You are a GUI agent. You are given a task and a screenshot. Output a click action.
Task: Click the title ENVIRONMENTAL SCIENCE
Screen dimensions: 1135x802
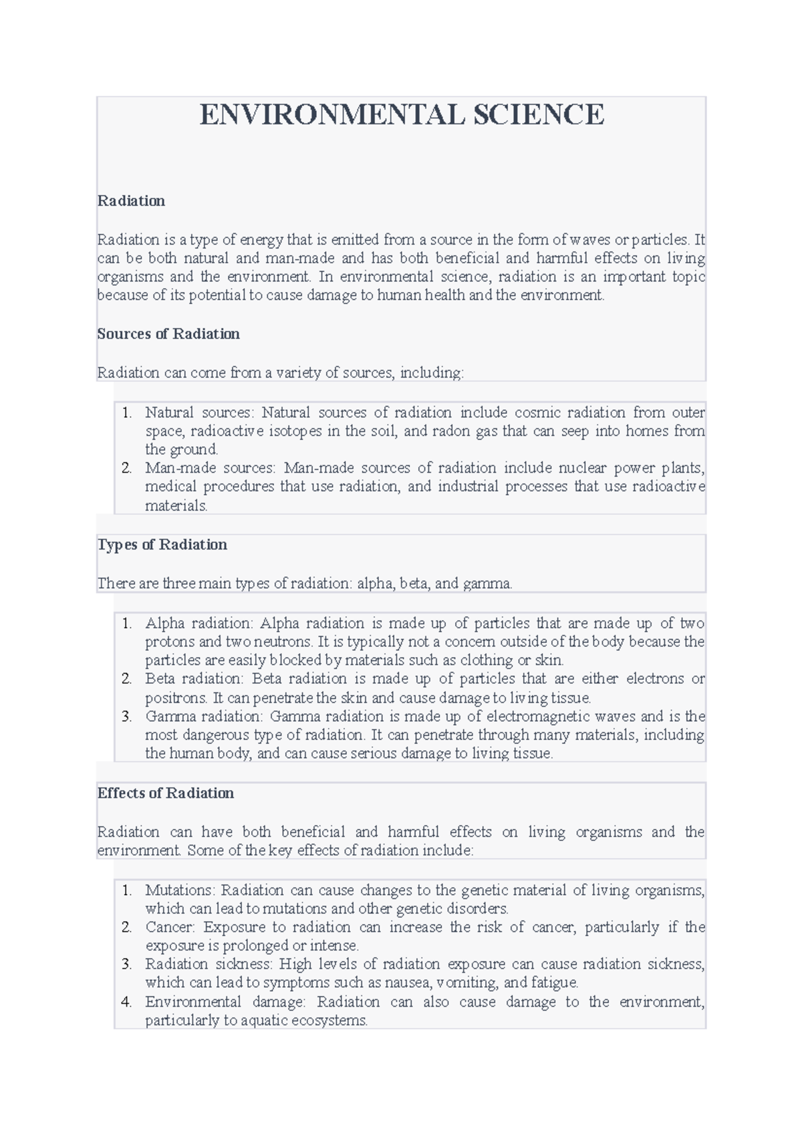[x=402, y=115]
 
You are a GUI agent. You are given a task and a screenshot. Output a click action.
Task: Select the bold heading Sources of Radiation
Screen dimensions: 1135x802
[x=168, y=334]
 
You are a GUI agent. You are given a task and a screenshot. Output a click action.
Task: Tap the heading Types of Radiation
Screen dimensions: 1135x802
[x=162, y=545]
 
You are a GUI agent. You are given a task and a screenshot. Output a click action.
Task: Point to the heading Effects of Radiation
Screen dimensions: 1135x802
[x=166, y=793]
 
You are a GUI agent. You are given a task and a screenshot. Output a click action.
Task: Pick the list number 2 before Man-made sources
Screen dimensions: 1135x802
[x=127, y=468]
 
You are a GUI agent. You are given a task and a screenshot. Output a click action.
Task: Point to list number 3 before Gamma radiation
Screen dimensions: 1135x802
[x=127, y=717]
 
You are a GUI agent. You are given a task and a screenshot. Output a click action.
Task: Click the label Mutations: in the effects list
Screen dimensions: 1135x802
[x=180, y=890]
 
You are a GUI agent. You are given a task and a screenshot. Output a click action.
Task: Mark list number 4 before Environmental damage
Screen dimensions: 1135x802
[x=127, y=1002]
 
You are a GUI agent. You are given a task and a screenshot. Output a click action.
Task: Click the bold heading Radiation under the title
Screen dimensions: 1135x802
[x=131, y=201]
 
